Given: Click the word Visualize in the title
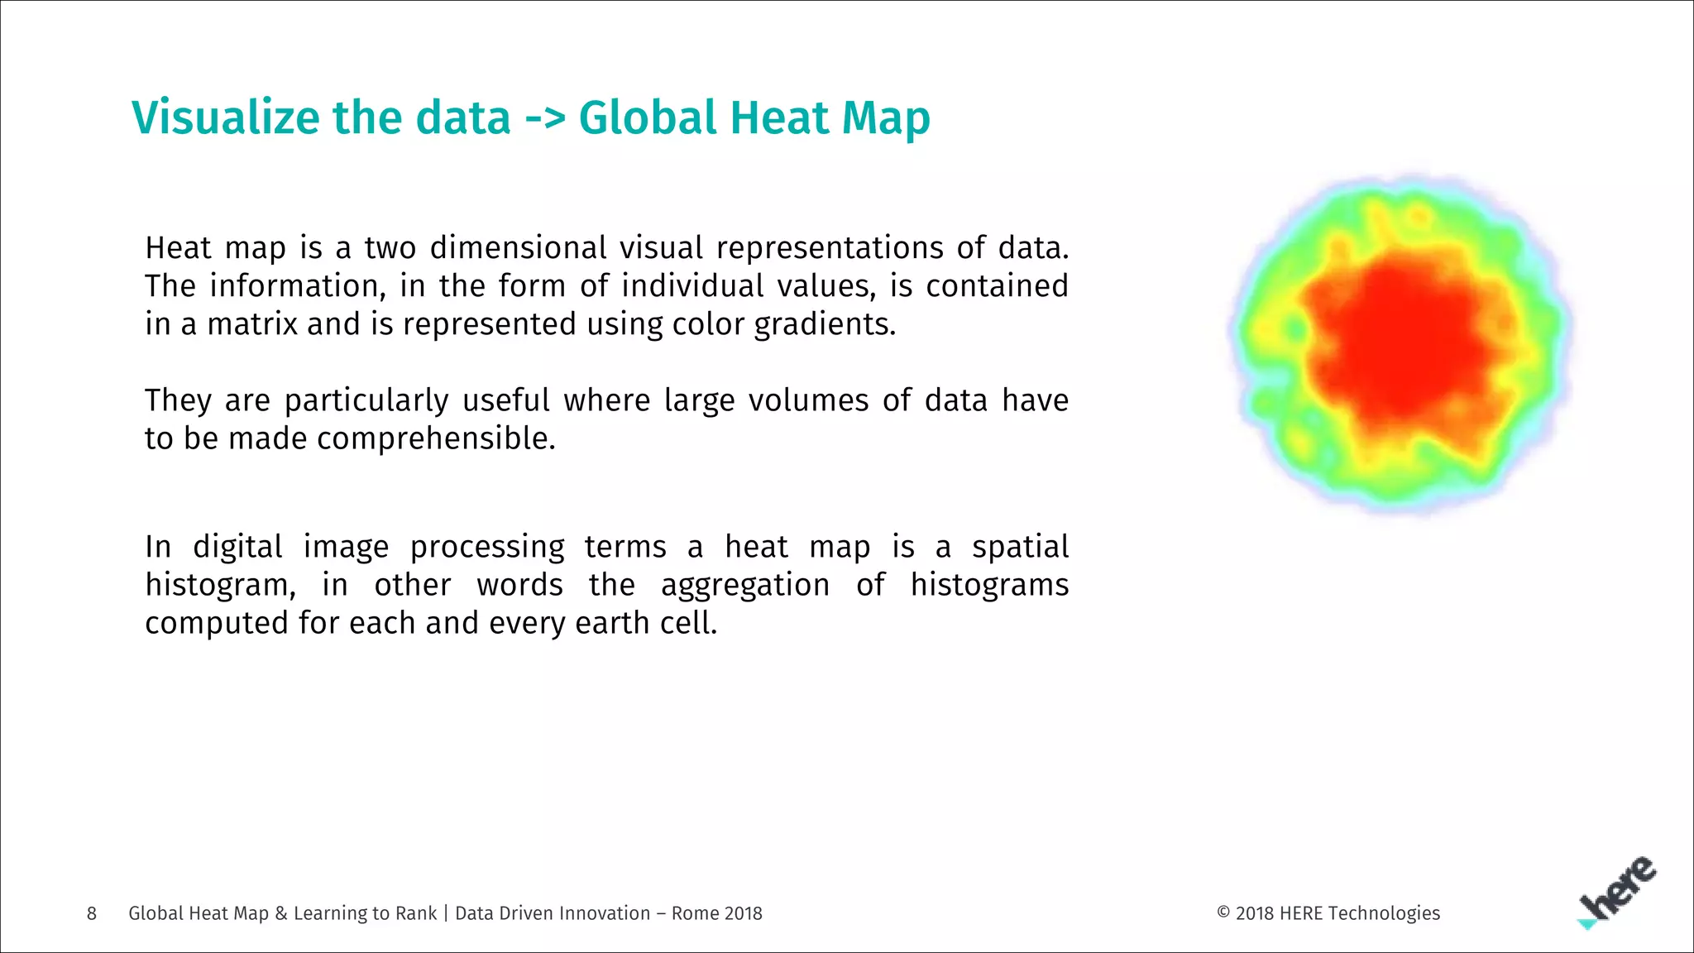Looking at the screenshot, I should [226, 117].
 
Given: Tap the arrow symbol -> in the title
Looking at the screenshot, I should [545, 118].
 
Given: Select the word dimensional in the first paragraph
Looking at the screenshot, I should [519, 248].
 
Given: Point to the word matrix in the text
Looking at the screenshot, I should [252, 324].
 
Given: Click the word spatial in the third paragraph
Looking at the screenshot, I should [1020, 547].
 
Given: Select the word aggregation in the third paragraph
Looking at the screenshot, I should [744, 585].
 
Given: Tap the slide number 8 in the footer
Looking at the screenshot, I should [92, 913].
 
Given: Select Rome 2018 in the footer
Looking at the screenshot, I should [716, 913].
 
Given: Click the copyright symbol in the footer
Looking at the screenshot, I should [1224, 912].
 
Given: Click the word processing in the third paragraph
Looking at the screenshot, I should [487, 547].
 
